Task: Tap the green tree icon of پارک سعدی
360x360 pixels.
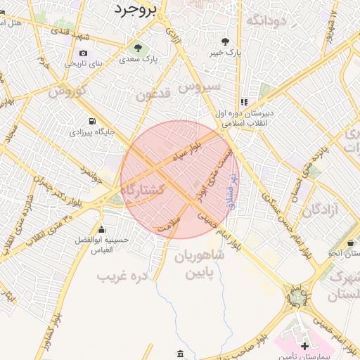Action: pyautogui.click(x=138, y=48)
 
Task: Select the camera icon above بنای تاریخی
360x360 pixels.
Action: pyautogui.click(x=84, y=53)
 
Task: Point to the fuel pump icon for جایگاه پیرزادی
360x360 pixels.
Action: pyautogui.click(x=91, y=120)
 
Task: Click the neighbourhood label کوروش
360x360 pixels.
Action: pyautogui.click(x=68, y=91)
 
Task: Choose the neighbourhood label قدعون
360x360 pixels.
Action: pyautogui.click(x=153, y=96)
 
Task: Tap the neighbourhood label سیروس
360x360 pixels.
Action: pyautogui.click(x=200, y=87)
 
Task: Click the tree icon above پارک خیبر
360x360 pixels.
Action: pyautogui.click(x=225, y=41)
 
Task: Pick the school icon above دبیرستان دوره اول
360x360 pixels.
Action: pyautogui.click(x=244, y=102)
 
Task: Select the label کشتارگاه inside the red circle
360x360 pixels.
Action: pyautogui.click(x=143, y=191)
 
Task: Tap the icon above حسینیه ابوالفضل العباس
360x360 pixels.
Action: pyautogui.click(x=102, y=229)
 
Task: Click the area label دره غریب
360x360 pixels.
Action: pyautogui.click(x=124, y=276)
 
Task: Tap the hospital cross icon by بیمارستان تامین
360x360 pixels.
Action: pyautogui.click(x=304, y=346)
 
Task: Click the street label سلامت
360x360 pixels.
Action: pyautogui.click(x=169, y=226)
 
